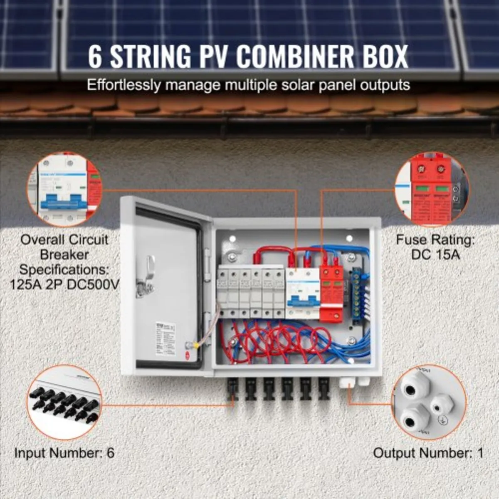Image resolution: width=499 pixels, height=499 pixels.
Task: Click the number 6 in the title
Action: click(95, 57)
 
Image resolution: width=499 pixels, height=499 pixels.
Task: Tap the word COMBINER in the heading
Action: click(290, 57)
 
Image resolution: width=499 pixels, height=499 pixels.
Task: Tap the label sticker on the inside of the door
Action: click(165, 338)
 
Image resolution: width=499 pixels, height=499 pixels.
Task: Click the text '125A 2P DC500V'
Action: click(64, 285)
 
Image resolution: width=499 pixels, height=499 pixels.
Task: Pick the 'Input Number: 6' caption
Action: click(64, 452)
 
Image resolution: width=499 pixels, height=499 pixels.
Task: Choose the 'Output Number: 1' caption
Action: click(428, 452)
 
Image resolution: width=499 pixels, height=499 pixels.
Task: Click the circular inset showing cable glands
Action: click(430, 402)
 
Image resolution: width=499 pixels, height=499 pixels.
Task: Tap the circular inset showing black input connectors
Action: click(64, 402)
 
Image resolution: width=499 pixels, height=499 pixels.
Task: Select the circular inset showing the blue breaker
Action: click(64, 189)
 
